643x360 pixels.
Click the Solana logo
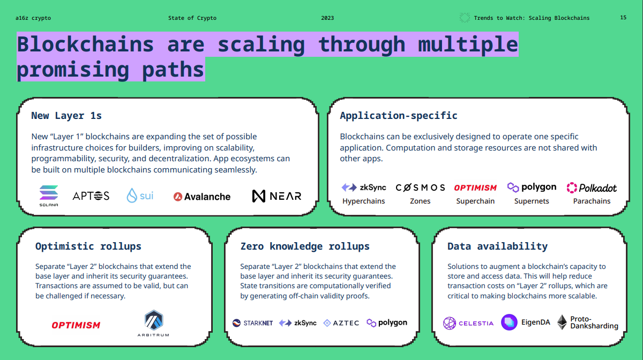(x=49, y=196)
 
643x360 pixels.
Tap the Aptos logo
(x=91, y=196)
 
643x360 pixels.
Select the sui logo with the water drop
(x=140, y=196)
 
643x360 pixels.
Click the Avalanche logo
(x=202, y=197)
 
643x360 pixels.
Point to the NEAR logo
(x=276, y=196)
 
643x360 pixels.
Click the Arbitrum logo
(x=153, y=323)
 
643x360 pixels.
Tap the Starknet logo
(x=252, y=323)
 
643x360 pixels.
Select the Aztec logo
(x=341, y=323)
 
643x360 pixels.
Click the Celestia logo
(x=468, y=323)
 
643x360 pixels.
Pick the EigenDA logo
(x=526, y=322)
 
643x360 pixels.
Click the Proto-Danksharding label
(x=594, y=322)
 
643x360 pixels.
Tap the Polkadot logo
(x=592, y=187)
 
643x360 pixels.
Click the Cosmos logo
(x=420, y=187)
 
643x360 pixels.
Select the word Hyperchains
(x=363, y=201)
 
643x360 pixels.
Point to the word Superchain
(x=475, y=201)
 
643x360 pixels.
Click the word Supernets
(x=532, y=201)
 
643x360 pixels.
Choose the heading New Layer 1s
(x=66, y=116)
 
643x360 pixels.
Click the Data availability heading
(x=497, y=246)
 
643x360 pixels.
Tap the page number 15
(x=623, y=18)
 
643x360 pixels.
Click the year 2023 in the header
(x=327, y=18)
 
